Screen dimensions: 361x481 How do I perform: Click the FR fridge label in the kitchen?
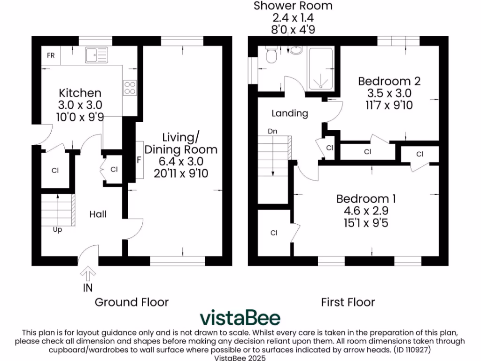(51, 55)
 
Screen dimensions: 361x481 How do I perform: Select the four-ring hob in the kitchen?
(129, 88)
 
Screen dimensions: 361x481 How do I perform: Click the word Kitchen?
(80, 93)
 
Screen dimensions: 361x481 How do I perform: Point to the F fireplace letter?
(139, 160)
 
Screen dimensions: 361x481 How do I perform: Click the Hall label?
(98, 214)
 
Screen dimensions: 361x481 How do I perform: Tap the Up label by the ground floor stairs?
(57, 230)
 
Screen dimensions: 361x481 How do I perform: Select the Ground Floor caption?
(132, 302)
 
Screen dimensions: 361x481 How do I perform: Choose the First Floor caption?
(348, 302)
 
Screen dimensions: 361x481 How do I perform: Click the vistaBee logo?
(240, 318)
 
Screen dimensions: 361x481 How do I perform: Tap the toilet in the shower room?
(271, 56)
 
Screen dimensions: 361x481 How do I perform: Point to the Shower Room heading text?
(293, 6)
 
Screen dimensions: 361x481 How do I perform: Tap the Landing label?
(290, 113)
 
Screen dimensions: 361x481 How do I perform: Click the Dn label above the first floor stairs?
(272, 131)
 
